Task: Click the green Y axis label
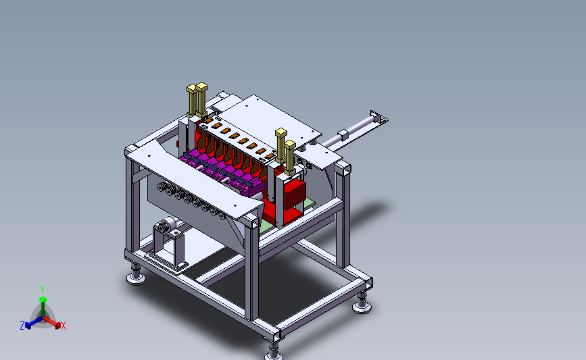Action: pos(42,290)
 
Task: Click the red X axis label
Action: pos(63,326)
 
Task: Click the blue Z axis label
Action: pos(22,326)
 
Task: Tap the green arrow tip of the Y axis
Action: pos(43,299)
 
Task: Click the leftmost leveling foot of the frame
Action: pos(136,275)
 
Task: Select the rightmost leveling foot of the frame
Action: pos(362,303)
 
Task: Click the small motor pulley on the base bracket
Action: pos(164,226)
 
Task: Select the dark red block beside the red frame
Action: pos(295,193)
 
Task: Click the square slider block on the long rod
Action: pos(343,134)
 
